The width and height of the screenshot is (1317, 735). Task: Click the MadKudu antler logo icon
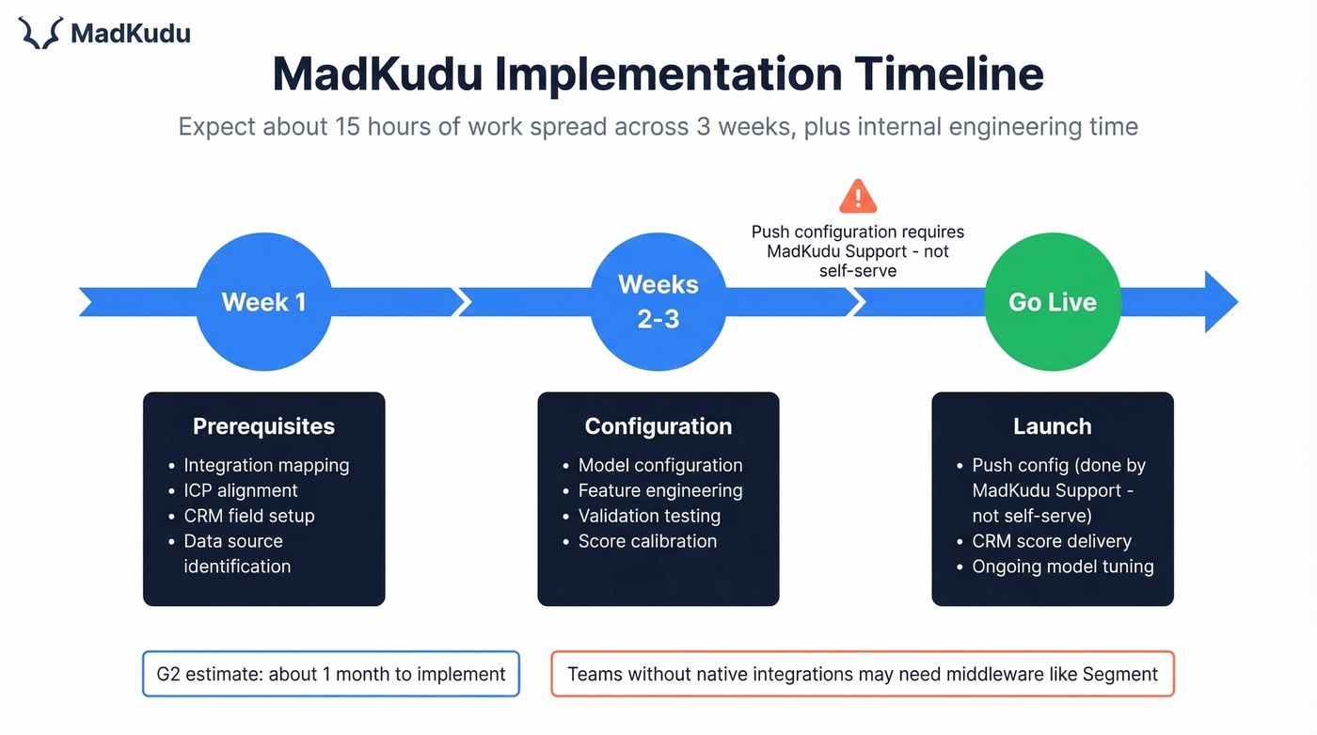tap(40, 33)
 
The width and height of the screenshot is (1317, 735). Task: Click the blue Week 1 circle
tap(263, 302)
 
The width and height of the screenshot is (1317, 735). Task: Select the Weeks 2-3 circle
tap(658, 302)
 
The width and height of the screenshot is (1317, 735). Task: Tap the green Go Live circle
tap(1053, 302)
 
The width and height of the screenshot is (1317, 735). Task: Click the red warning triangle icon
tap(857, 197)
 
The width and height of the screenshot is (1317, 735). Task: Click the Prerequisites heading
tap(263, 426)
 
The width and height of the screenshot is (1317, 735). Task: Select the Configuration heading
tap(658, 426)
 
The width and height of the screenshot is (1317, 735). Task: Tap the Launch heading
tap(1053, 426)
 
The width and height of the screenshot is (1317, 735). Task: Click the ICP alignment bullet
tap(241, 490)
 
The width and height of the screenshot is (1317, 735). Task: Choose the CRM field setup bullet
tap(249, 516)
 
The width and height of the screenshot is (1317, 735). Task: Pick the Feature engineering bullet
tap(660, 490)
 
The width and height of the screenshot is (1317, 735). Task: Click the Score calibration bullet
tap(647, 541)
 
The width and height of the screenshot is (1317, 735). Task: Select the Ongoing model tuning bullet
tap(1062, 567)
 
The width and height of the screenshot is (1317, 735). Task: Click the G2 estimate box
tap(331, 674)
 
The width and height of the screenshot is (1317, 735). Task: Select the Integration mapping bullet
tap(266, 465)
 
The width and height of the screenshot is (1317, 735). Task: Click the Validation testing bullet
tap(649, 516)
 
